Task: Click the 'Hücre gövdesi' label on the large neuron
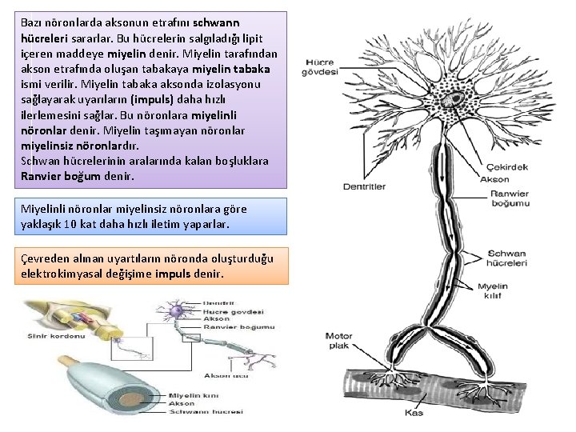[320, 67]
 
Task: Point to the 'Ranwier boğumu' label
[510, 198]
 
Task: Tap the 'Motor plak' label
[338, 341]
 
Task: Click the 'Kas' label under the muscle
[414, 413]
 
